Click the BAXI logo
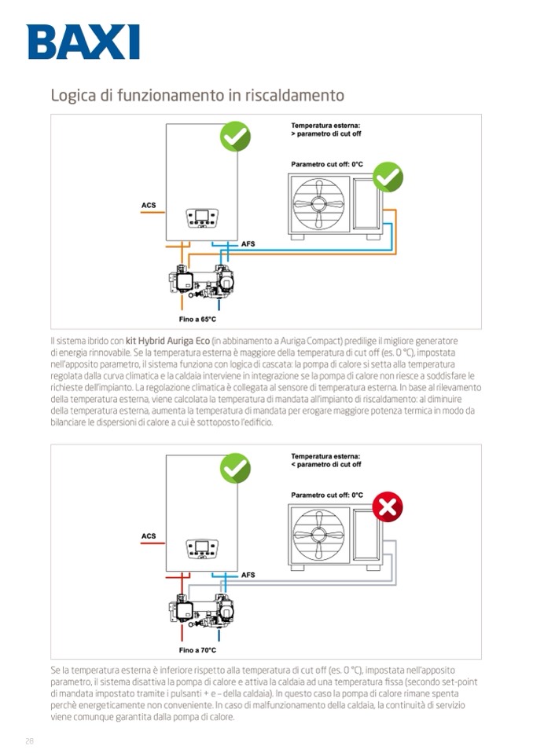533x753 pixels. pos(83,42)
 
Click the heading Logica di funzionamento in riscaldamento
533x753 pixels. pos(197,96)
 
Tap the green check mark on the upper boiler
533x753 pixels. pos(234,137)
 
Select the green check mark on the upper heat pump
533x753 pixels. pos(387,177)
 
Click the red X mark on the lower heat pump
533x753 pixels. pos(387,507)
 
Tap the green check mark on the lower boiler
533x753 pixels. pos(234,468)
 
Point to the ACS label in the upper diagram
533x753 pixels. pos(149,206)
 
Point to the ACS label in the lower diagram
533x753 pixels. pos(149,536)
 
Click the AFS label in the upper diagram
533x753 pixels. pos(248,244)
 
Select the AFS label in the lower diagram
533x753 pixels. pos(248,575)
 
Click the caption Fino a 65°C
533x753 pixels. pos(197,320)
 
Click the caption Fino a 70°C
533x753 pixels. pos(197,650)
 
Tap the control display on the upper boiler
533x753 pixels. pos(202,217)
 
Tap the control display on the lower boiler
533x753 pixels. pos(202,547)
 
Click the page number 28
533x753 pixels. pos(30,740)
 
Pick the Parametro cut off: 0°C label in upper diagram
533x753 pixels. pos(327,164)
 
